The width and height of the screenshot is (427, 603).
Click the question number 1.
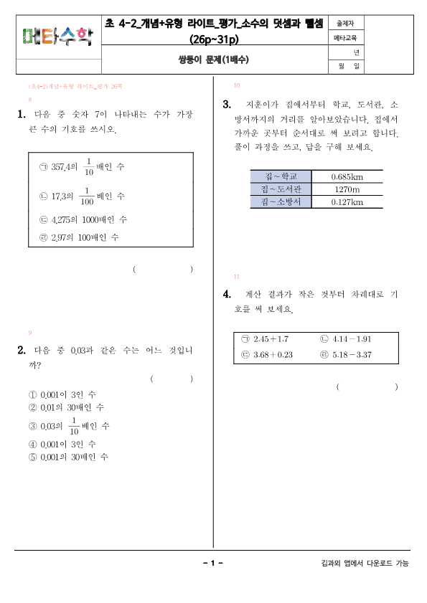pos(22,115)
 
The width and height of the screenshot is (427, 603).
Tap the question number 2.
pos(22,351)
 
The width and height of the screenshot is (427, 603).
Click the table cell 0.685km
pos(347,176)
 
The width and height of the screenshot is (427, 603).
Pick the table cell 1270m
pos(347,189)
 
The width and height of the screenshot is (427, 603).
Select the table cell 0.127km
pos(347,202)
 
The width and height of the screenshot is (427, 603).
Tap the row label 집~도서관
pos(278,189)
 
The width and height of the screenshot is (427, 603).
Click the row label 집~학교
pos(278,176)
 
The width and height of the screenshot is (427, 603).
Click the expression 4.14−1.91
pos(352,339)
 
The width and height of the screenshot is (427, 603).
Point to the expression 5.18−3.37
pos(352,355)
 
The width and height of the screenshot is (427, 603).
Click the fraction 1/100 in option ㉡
pos(86,195)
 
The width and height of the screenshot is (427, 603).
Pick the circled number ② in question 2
pos(32,407)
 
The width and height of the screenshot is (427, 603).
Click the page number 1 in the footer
pos(213,563)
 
